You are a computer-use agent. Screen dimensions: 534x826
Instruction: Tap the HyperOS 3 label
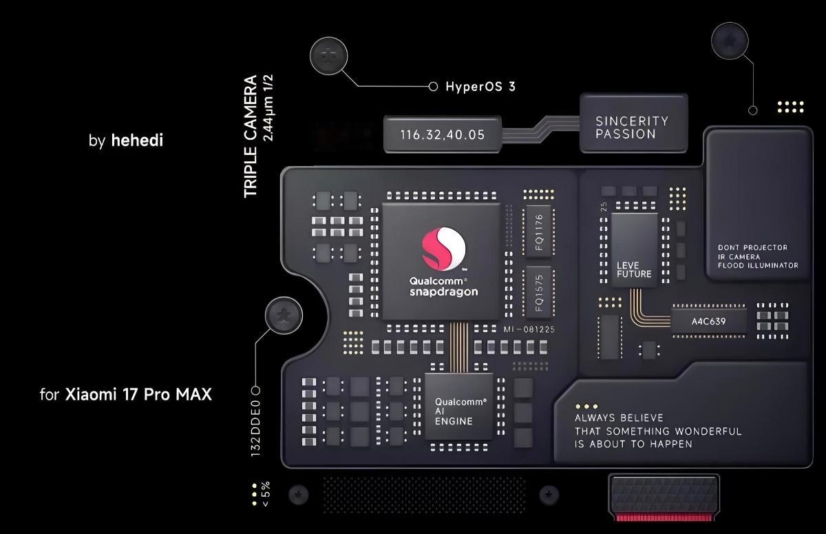coord(480,87)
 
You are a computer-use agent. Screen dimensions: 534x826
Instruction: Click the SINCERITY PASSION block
coord(633,127)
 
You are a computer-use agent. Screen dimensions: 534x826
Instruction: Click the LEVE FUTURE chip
coord(634,249)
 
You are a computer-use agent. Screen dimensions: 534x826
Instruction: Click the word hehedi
coord(137,141)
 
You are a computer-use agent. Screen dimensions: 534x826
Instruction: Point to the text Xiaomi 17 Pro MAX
coord(138,395)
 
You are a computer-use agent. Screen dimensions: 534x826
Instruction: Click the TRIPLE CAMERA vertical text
coord(251,136)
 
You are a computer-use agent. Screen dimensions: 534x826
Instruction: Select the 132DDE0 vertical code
coord(256,424)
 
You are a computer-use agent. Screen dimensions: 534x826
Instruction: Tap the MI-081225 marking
coord(529,329)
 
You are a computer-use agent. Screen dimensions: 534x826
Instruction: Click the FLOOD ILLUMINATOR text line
coord(758,265)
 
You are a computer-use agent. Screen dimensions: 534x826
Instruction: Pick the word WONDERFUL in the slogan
coord(708,431)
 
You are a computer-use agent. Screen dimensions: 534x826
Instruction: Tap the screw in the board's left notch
coord(282,316)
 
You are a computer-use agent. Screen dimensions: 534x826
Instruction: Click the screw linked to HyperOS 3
coord(328,54)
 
